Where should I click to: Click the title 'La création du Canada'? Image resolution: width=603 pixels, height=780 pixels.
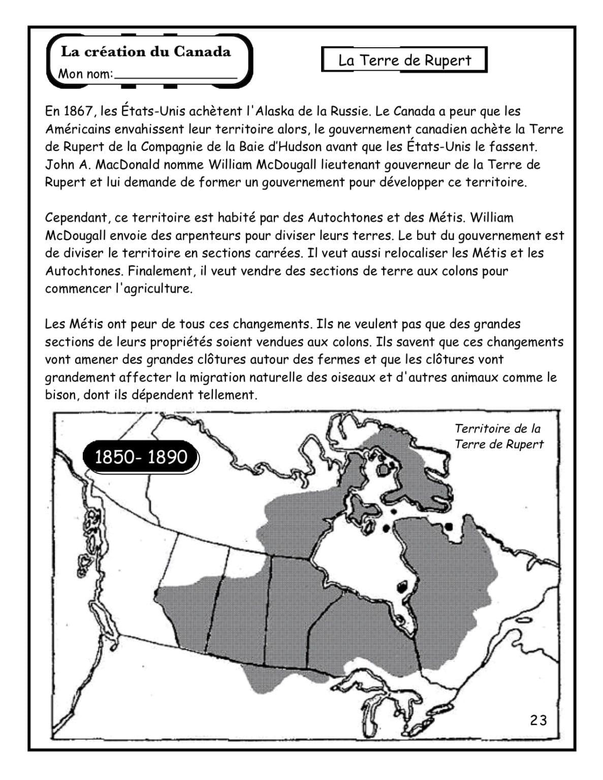[x=145, y=52]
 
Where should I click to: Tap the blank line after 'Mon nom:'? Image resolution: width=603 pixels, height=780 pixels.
[x=175, y=75]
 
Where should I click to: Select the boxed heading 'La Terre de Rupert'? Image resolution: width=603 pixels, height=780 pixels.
[x=404, y=60]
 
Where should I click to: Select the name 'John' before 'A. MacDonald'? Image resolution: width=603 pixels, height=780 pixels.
[x=59, y=165]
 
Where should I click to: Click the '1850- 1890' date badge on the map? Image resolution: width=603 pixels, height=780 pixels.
[x=141, y=457]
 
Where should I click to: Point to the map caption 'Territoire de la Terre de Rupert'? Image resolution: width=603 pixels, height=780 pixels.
[x=498, y=436]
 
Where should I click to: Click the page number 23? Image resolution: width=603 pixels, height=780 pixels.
[x=538, y=720]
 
